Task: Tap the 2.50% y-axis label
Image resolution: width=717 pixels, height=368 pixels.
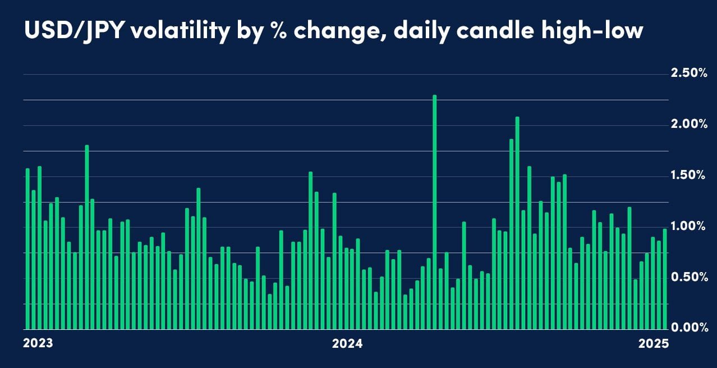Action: point(688,73)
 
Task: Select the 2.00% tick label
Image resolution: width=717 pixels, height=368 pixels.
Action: point(688,124)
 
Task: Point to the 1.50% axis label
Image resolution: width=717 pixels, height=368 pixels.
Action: point(688,175)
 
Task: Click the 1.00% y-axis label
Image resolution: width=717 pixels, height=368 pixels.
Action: point(688,226)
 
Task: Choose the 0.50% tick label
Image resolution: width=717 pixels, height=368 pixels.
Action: point(688,277)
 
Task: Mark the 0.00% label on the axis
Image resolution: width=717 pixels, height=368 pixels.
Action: point(688,328)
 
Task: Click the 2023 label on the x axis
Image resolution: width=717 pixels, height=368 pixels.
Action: point(38,343)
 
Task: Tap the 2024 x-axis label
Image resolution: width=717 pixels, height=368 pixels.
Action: point(348,343)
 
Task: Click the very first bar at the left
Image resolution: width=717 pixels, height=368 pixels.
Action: point(27,249)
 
